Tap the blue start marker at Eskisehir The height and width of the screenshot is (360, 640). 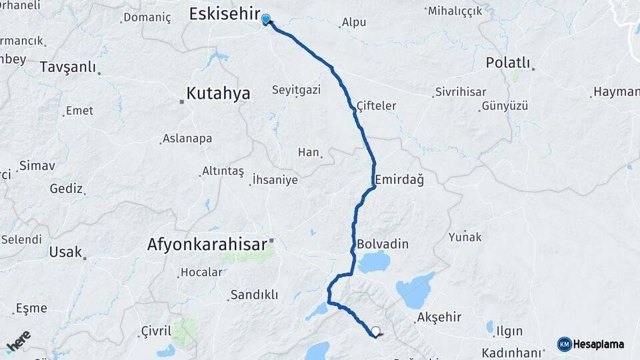click(266, 19)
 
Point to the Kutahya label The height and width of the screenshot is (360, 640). click(218, 94)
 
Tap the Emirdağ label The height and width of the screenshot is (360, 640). click(399, 180)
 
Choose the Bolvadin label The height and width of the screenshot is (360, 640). click(383, 244)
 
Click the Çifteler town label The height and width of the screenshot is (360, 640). click(376, 105)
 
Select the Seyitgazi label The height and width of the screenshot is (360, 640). click(296, 89)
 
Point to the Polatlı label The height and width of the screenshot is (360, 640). click(508, 63)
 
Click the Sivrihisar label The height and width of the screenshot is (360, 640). click(460, 92)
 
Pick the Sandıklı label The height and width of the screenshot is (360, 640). click(253, 294)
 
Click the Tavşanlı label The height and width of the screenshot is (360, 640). click(67, 67)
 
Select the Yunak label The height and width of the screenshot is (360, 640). click(465, 237)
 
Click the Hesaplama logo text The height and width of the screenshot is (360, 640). click(599, 344)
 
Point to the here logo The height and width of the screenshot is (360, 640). click(19, 341)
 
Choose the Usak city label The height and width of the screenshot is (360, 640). click(65, 252)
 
